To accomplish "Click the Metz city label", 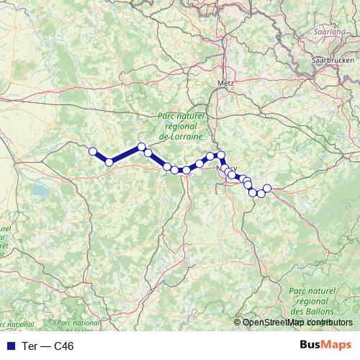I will (x=226, y=84).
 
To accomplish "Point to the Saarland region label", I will (x=330, y=32).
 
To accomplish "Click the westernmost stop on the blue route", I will (x=93, y=151).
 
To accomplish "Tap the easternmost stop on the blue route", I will (x=267, y=189).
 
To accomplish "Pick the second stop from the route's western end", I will (x=109, y=163).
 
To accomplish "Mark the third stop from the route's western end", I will (x=142, y=147).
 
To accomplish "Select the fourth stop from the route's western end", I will (x=148, y=153).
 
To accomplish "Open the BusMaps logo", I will (x=325, y=345).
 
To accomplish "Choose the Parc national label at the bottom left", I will (x=78, y=324).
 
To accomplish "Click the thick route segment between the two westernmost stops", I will (x=101, y=157).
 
